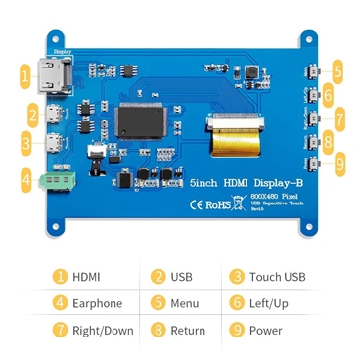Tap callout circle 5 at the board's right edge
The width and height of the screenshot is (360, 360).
coord(337,70)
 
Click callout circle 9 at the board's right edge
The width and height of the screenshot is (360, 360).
coord(338,164)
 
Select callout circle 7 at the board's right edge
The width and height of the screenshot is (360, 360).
coord(338,117)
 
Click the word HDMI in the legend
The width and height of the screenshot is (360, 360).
coord(86,277)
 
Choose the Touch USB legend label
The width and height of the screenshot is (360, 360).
coord(277,277)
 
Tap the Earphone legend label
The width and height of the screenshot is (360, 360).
coord(97,303)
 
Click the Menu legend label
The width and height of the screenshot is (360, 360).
coord(184,303)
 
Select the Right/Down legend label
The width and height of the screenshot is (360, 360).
coord(103,330)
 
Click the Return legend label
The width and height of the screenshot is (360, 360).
coord(188,330)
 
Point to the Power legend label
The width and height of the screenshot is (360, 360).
coord(265,330)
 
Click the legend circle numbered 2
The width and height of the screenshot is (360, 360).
coord(157,277)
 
